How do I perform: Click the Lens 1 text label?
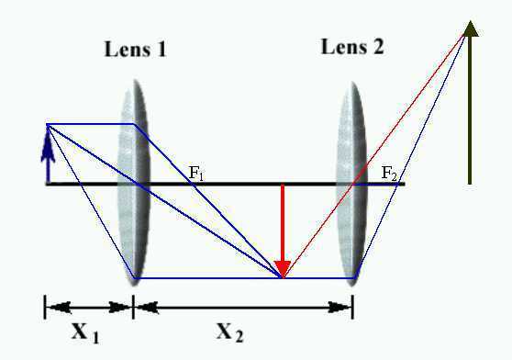135,50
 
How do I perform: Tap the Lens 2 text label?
352,47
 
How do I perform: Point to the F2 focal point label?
389,174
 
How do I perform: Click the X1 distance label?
85,332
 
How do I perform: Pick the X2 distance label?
230,332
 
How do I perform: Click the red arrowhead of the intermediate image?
283,269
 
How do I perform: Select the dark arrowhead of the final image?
470,28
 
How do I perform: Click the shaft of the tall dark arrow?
470,110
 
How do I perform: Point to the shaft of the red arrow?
283,223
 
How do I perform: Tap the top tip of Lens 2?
352,82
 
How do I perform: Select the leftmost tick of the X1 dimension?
45,307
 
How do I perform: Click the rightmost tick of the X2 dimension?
352,307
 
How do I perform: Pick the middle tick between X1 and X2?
133,307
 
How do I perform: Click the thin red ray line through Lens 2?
374,155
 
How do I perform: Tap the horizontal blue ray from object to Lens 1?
91,124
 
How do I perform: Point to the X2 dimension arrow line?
243,308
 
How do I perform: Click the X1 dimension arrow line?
89,308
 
